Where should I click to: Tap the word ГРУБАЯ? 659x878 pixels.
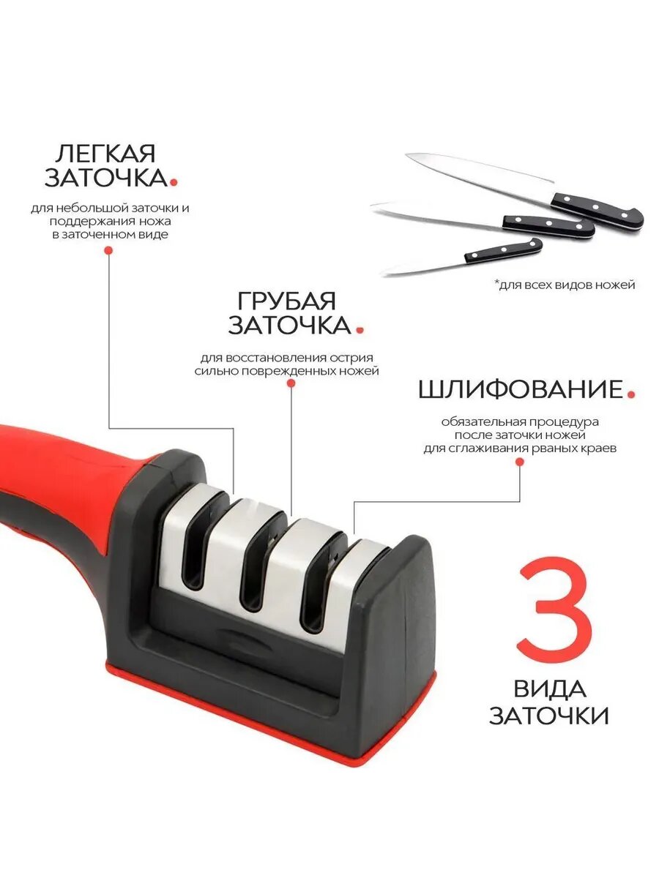coord(286,301)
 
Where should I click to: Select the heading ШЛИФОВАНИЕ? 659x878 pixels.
coord(520,389)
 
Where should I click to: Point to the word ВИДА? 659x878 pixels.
coord(549,689)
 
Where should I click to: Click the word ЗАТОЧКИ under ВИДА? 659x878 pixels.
coord(548,715)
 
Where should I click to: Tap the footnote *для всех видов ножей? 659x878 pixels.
coord(564,285)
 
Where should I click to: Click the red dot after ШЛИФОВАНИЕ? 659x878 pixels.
coord(630,395)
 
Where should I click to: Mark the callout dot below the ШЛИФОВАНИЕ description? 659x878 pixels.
coord(519,462)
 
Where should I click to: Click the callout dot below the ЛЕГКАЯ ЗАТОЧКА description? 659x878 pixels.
coord(108,250)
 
